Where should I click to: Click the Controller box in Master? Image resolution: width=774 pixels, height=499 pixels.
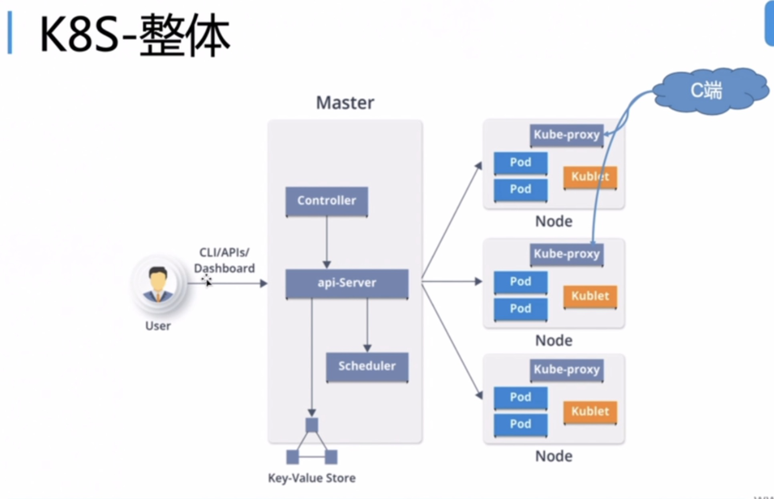click(327, 201)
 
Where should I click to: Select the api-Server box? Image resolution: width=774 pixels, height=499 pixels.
click(347, 283)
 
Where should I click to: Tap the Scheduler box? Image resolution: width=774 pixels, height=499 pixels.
click(367, 366)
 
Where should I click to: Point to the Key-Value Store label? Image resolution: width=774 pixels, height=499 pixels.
click(312, 478)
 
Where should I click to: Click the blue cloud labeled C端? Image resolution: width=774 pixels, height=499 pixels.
click(707, 91)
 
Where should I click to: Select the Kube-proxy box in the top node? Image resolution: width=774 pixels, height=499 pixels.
click(566, 135)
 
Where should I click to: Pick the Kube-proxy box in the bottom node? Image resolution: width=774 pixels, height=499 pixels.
click(566, 370)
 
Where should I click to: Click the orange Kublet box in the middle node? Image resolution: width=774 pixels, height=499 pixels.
click(590, 296)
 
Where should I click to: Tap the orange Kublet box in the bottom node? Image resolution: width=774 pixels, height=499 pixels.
click(590, 411)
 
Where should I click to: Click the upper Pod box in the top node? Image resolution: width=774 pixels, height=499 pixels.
click(520, 162)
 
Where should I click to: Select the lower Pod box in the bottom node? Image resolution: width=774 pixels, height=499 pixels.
click(520, 424)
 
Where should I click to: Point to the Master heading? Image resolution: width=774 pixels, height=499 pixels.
click(345, 103)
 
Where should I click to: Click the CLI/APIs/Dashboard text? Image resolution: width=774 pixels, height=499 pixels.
click(224, 260)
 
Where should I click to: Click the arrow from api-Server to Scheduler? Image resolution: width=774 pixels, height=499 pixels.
click(367, 324)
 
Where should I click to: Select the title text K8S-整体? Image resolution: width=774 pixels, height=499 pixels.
click(134, 34)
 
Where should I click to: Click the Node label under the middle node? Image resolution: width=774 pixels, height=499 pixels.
click(554, 340)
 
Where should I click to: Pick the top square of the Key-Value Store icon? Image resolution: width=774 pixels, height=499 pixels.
click(312, 425)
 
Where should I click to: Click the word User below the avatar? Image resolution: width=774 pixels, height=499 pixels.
click(158, 326)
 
